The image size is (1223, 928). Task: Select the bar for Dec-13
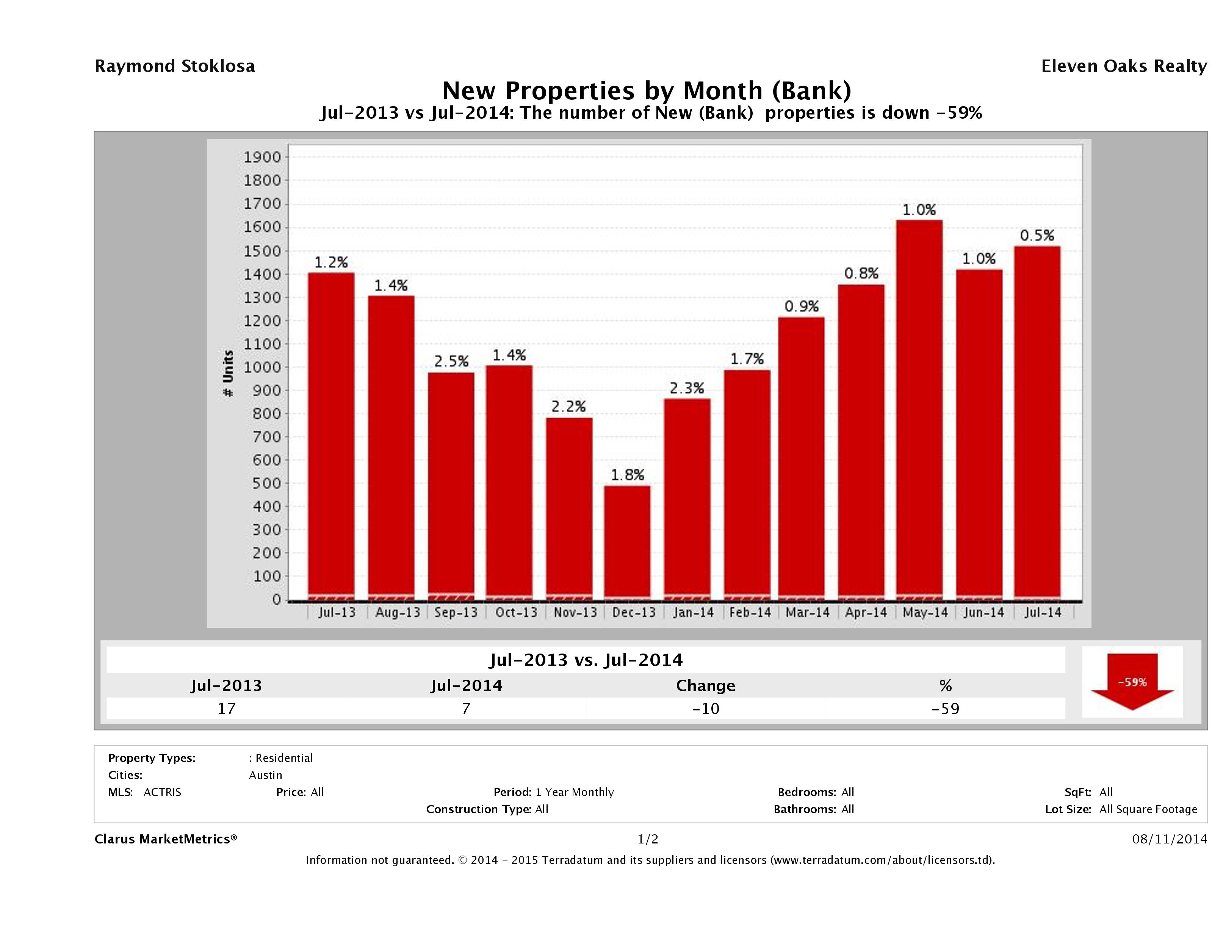click(x=627, y=542)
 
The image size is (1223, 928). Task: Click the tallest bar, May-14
click(x=919, y=409)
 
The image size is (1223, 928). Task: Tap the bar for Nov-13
click(x=569, y=509)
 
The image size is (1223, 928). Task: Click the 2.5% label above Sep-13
click(x=451, y=361)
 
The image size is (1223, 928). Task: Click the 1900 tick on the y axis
click(x=262, y=157)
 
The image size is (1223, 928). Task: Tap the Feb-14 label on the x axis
click(x=750, y=612)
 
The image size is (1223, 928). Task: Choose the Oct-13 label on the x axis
click(x=516, y=612)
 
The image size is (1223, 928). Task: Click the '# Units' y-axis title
click(x=228, y=373)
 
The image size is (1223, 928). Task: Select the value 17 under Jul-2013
click(x=227, y=709)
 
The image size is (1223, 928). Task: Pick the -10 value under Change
click(x=706, y=709)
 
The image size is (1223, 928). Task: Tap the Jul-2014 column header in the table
click(x=466, y=685)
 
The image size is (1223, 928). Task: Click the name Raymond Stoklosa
click(x=175, y=66)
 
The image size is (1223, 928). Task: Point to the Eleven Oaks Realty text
click(x=1123, y=66)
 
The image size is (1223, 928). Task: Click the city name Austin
click(x=265, y=775)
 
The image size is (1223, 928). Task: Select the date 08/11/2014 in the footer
click(x=1169, y=839)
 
